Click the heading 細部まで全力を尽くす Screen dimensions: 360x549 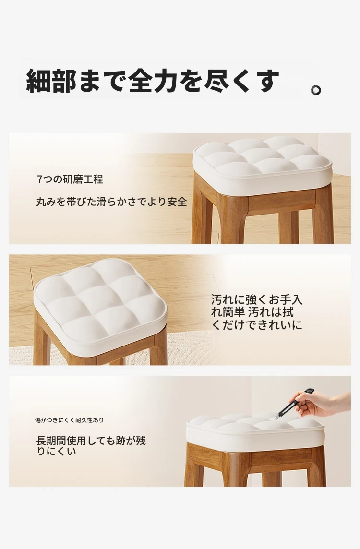point(153,81)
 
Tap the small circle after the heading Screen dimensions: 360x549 point(316,90)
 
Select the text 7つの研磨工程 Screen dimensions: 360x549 point(70,179)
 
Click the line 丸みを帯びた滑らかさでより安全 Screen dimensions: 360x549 point(112,202)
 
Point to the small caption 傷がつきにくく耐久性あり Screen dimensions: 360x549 point(69,420)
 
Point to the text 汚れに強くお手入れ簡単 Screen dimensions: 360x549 point(256,306)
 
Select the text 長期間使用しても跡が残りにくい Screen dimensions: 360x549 point(91,446)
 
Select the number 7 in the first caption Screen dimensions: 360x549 point(39,179)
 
